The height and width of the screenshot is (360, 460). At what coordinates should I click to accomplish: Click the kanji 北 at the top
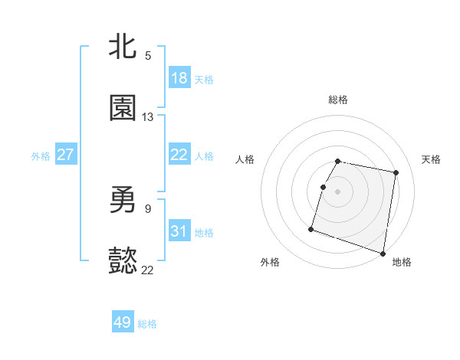coord(123,46)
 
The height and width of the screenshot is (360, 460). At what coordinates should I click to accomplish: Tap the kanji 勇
coord(123,199)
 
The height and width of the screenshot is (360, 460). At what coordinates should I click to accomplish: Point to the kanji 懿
coord(123,261)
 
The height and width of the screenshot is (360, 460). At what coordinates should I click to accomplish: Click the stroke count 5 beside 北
coord(148,55)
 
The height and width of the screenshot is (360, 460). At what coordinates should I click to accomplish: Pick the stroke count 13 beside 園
coord(148,117)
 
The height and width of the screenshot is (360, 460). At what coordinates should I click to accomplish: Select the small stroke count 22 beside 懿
coord(148,270)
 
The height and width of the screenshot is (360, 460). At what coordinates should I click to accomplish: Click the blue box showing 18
coord(179,78)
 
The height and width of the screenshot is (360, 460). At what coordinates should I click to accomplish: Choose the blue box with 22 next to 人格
coord(179,155)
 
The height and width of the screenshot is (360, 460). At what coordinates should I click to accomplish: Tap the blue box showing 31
coord(179,231)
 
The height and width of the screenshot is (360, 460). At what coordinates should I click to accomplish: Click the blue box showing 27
coord(65,155)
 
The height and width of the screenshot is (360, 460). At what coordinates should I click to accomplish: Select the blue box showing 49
coord(123,322)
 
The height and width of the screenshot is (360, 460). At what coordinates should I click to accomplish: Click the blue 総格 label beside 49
coord(147,324)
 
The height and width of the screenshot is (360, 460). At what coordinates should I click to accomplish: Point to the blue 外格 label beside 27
coord(41,156)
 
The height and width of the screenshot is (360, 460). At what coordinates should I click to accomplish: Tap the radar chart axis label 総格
coord(338,100)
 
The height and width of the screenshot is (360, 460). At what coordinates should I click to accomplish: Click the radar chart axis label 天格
coord(432,159)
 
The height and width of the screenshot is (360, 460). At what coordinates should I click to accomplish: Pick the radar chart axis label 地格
coord(402,263)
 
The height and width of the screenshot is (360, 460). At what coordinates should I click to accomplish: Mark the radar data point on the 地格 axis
coord(383,253)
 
